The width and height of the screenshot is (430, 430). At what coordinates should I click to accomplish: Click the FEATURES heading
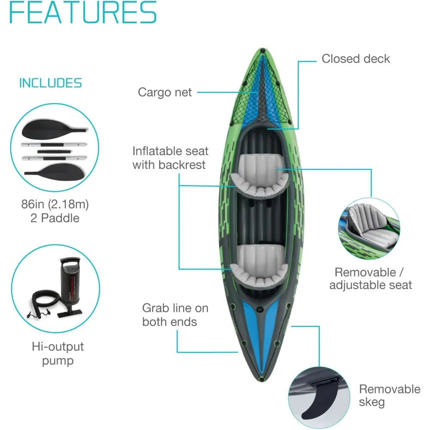tap(83, 12)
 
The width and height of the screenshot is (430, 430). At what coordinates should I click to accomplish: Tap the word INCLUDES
tap(50, 83)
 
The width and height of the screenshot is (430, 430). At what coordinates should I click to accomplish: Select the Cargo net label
tap(165, 92)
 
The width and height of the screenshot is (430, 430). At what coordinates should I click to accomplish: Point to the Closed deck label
tap(356, 58)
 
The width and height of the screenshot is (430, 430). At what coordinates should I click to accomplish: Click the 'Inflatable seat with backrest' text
tap(170, 158)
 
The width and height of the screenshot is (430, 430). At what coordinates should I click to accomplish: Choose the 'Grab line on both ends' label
tap(175, 315)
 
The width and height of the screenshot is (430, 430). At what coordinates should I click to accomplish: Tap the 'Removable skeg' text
tap(390, 396)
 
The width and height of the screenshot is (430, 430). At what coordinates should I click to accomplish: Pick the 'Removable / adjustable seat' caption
tap(371, 279)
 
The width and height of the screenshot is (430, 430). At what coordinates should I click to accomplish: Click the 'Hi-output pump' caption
tap(58, 353)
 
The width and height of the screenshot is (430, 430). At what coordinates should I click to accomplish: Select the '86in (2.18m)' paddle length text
tap(55, 204)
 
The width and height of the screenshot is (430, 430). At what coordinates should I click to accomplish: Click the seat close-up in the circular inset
tap(369, 228)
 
